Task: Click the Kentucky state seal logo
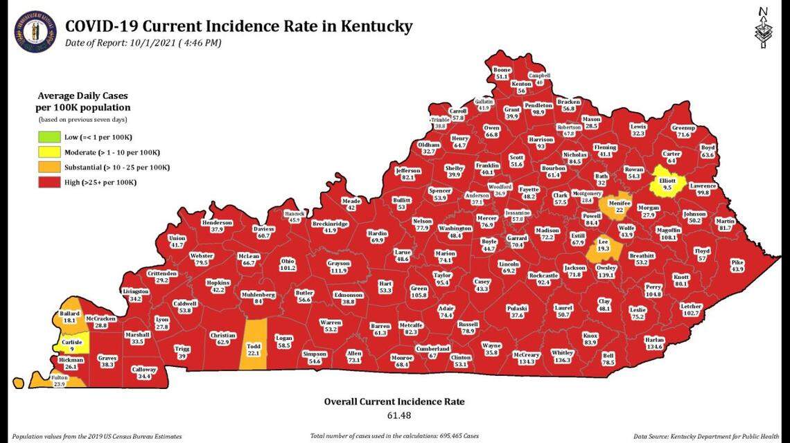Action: click(35, 31)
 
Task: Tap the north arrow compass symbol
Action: click(763, 28)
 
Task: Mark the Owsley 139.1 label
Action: click(606, 271)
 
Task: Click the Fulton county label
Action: click(60, 380)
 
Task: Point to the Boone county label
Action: click(502, 73)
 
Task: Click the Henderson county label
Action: click(217, 226)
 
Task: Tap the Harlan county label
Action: click(653, 343)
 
